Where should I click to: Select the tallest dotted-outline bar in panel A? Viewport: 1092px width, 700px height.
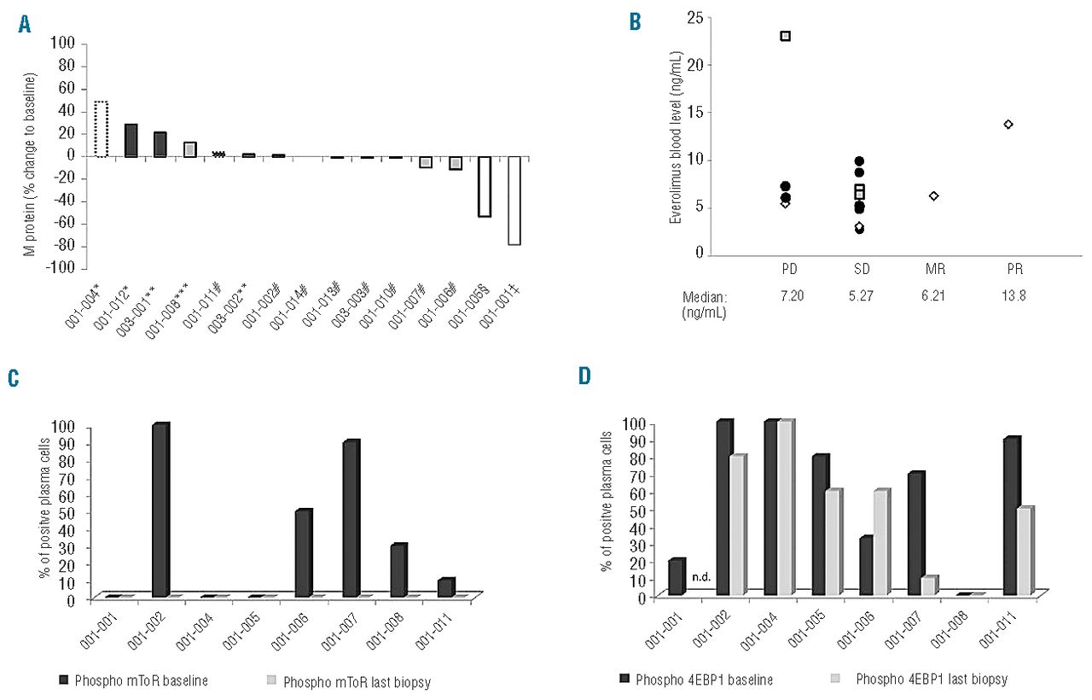[x=101, y=129]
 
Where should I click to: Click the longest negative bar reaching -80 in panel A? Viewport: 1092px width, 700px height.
[x=514, y=201]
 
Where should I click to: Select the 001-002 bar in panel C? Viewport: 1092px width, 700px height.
[x=160, y=510]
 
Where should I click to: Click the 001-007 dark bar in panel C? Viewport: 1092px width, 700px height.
[x=351, y=519]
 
